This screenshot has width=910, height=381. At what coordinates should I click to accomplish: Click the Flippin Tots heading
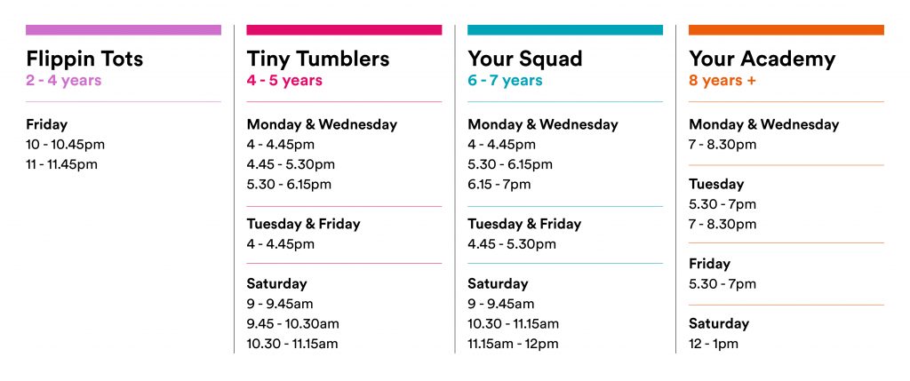(x=84, y=59)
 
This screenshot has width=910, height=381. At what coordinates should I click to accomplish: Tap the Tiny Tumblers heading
(x=318, y=59)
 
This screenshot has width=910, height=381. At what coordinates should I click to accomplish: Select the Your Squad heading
(x=525, y=59)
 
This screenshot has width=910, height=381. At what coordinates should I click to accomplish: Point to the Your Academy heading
(x=762, y=59)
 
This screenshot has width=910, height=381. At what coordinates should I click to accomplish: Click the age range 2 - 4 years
(x=64, y=80)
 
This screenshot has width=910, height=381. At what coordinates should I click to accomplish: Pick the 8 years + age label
(x=722, y=80)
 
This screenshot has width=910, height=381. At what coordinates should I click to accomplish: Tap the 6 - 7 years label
(x=505, y=80)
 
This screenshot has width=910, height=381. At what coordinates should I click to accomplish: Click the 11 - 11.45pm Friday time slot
(x=62, y=164)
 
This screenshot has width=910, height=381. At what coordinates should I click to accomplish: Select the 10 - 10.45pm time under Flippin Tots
(x=66, y=145)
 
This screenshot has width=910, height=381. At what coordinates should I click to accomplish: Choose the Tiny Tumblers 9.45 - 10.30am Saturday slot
(x=293, y=323)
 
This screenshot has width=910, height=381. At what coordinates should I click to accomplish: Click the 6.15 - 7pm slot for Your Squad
(x=499, y=185)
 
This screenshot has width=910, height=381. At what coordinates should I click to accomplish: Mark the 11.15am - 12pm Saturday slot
(x=513, y=344)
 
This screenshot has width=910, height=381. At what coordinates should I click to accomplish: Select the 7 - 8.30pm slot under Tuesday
(x=722, y=225)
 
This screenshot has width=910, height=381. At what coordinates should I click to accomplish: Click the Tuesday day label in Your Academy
(x=716, y=185)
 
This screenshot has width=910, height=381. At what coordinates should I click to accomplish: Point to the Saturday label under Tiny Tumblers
(x=277, y=283)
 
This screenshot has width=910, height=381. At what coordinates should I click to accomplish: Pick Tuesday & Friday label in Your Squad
(x=524, y=224)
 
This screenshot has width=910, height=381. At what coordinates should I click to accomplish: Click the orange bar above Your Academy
(x=786, y=29)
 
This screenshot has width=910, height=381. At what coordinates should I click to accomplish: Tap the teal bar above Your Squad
(x=565, y=29)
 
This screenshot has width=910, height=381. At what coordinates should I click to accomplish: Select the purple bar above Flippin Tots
(x=124, y=29)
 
